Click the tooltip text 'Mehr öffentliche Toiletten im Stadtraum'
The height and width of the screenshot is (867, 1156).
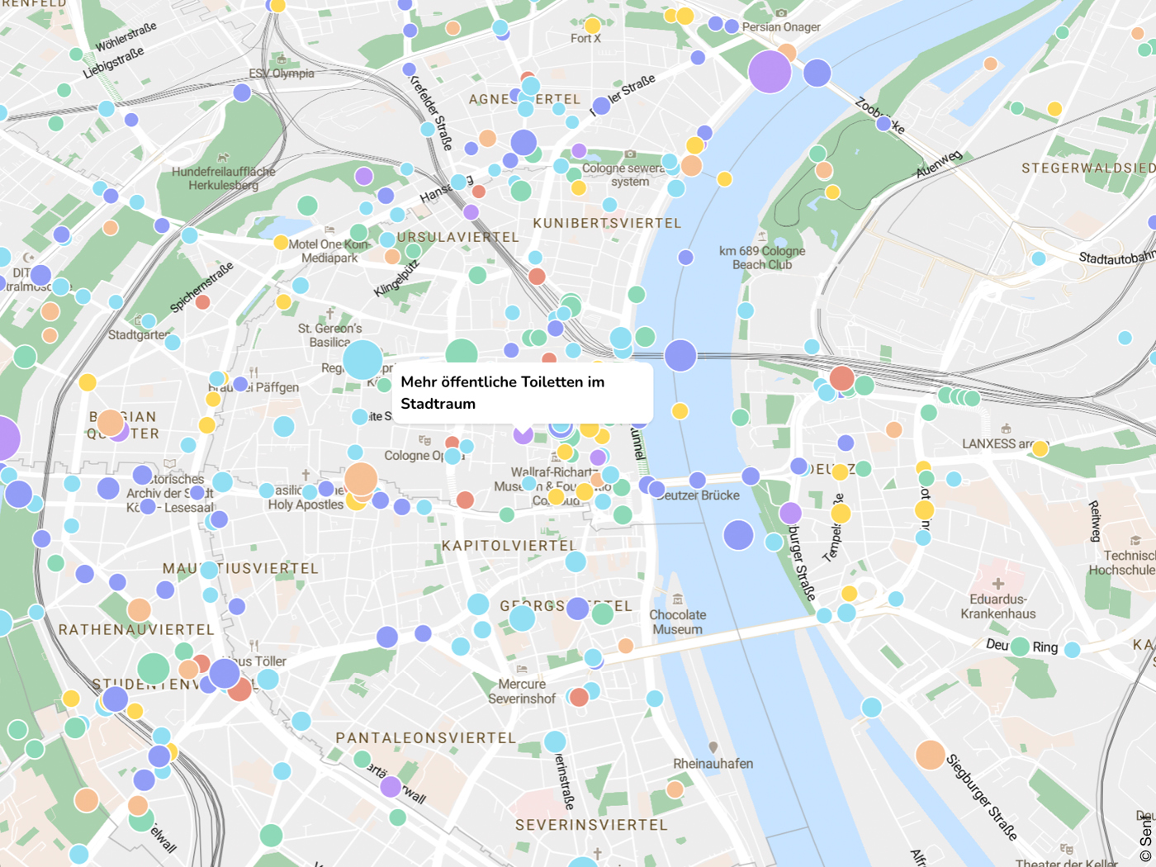(x=502, y=392)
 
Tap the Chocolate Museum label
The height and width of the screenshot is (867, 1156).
(x=677, y=622)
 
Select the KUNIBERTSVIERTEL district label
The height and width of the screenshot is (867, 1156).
(x=607, y=223)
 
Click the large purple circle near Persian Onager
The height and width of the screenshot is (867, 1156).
(x=770, y=71)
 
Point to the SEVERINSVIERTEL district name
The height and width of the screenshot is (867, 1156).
(x=591, y=825)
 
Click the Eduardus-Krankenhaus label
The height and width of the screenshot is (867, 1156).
(x=997, y=606)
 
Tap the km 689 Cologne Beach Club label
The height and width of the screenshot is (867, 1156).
(x=761, y=258)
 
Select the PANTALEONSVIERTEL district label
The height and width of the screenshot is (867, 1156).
(x=425, y=737)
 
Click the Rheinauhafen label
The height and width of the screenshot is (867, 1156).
(x=713, y=764)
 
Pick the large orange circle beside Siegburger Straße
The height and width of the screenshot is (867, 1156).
(x=930, y=755)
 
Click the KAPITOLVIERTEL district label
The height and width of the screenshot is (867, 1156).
(x=509, y=546)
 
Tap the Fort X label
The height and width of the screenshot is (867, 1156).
(x=585, y=38)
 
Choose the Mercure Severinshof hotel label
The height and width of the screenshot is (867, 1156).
(x=522, y=691)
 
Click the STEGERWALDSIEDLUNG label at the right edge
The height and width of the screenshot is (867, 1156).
(x=1087, y=168)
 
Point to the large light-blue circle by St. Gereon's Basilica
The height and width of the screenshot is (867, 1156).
(x=362, y=360)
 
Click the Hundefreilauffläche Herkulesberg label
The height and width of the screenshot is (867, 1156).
(x=223, y=178)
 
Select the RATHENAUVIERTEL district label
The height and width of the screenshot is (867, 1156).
(x=136, y=629)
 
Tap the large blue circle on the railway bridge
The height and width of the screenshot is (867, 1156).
(x=680, y=355)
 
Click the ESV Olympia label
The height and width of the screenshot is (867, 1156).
(x=282, y=73)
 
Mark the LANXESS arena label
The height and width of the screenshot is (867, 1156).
(x=997, y=443)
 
